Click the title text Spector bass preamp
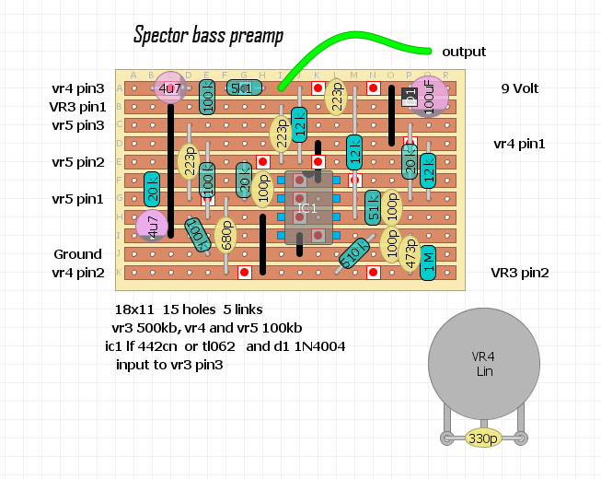point(208,36)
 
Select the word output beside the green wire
point(464,52)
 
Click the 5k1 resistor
point(242,88)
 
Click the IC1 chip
point(306,208)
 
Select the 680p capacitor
point(225,235)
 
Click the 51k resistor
point(373,208)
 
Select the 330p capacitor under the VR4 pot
point(483,438)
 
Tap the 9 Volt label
point(519,89)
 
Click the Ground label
point(77,254)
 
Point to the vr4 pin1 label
point(519,144)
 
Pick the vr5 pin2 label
point(77,162)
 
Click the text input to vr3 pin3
point(169,364)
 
